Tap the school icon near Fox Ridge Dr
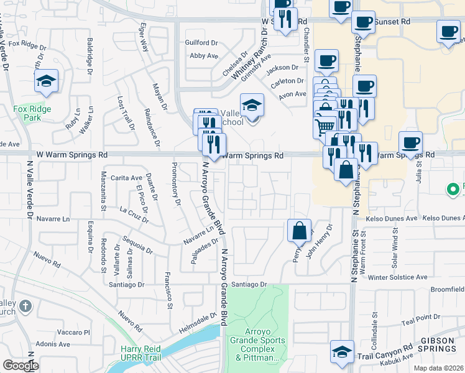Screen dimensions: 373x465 [x=46, y=81]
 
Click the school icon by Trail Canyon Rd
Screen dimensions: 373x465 [x=342, y=352]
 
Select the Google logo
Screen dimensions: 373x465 [x=21, y=366]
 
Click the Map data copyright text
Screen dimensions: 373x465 [x=439, y=368]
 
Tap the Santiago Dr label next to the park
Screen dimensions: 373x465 [x=249, y=284]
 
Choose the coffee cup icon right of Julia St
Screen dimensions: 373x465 [x=448, y=32]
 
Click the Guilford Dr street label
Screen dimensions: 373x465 [x=201, y=43]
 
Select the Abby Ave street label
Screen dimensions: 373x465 [x=203, y=55]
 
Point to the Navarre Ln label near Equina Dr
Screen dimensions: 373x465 [x=53, y=219]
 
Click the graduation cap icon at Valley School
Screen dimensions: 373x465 [x=252, y=104]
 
